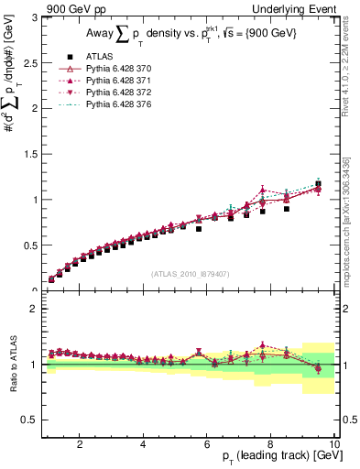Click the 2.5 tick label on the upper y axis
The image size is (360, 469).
tap(30, 62)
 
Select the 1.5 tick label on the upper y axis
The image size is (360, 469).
tap(30, 154)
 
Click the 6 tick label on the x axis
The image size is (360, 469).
tap(206, 444)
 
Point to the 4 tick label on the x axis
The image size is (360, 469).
tap(143, 444)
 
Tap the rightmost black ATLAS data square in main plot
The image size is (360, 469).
tap(318, 184)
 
